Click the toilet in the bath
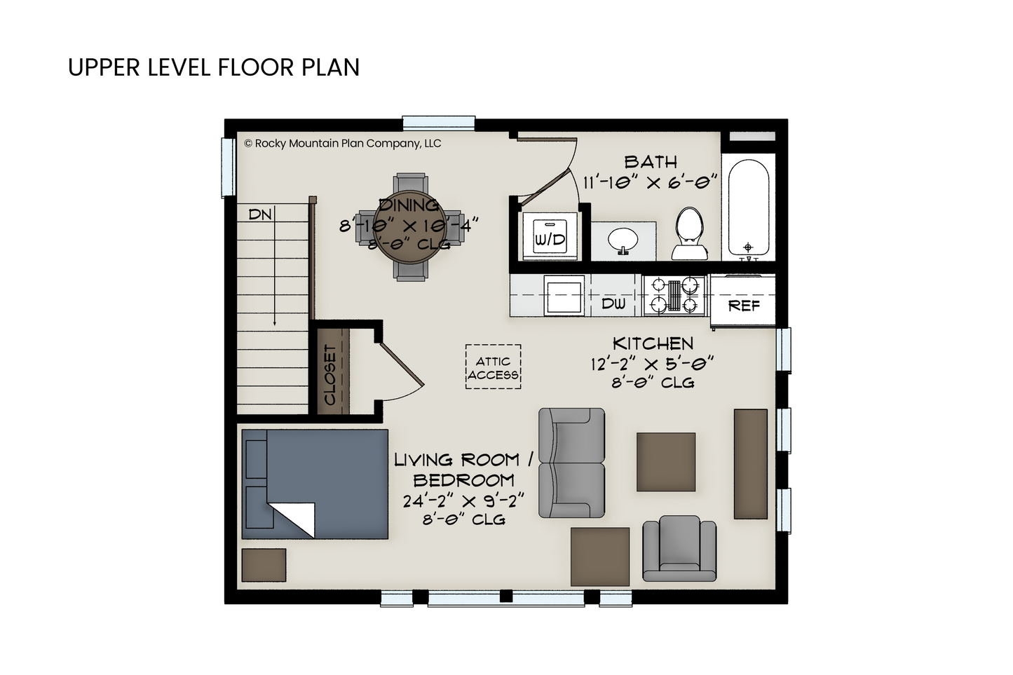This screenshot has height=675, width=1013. coord(690,233)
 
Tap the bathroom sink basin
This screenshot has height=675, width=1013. coord(623,239)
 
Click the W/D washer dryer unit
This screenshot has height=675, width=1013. coord(550,236)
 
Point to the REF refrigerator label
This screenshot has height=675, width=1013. coord(744,306)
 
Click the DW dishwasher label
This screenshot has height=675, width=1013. coord(613,304)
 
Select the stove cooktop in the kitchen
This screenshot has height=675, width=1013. coord(674,295)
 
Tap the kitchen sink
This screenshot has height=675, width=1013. coord(564,296)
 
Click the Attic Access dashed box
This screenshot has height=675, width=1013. coord(493,367)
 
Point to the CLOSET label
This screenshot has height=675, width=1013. coord(330,375)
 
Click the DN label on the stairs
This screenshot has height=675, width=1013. coord(260,214)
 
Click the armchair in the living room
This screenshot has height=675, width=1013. coord(679,548)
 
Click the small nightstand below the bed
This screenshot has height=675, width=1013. coord(264,565)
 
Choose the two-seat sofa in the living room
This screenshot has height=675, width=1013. coord(571,463)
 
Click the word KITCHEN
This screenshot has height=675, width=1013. coord(653,344)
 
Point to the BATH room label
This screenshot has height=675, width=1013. coord(651,162)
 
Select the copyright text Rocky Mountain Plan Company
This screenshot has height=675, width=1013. coord(342,143)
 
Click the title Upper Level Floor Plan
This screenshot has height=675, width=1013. coord(213,67)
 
